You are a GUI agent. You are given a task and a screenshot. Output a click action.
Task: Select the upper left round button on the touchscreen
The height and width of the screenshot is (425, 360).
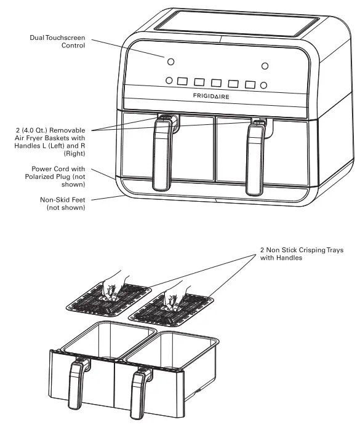pos(170,62)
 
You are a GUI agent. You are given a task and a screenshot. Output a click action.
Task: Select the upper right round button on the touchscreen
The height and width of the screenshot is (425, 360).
pos(265,66)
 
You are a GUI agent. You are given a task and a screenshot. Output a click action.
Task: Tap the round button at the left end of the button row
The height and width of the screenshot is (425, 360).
pos(169,80)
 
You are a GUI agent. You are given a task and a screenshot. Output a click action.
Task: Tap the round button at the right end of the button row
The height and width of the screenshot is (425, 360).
pos(263,85)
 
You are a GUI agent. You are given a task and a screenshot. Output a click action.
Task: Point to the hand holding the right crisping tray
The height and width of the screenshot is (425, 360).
pos(178,289)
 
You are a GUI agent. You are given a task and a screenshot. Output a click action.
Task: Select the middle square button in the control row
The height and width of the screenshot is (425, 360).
pos(216,82)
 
